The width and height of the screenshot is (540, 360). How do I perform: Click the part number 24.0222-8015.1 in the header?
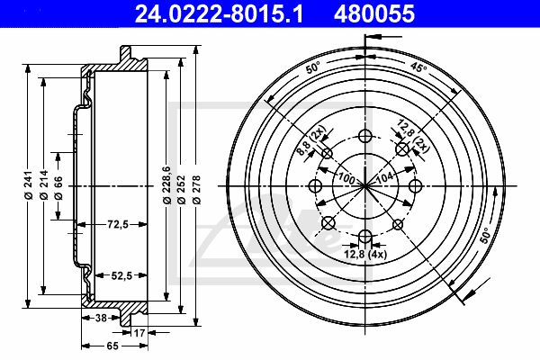(x=219, y=13)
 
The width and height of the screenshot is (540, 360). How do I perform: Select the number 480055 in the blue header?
(x=374, y=13)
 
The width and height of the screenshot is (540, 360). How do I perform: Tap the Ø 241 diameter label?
(x=28, y=184)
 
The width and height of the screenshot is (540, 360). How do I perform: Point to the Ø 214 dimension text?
(x=44, y=184)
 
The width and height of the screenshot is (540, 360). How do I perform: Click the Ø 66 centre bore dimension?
(x=58, y=188)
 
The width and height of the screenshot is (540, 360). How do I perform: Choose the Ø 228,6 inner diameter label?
(x=167, y=184)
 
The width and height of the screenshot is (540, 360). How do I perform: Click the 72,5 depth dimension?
(x=118, y=225)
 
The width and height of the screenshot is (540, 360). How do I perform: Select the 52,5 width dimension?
(x=121, y=275)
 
